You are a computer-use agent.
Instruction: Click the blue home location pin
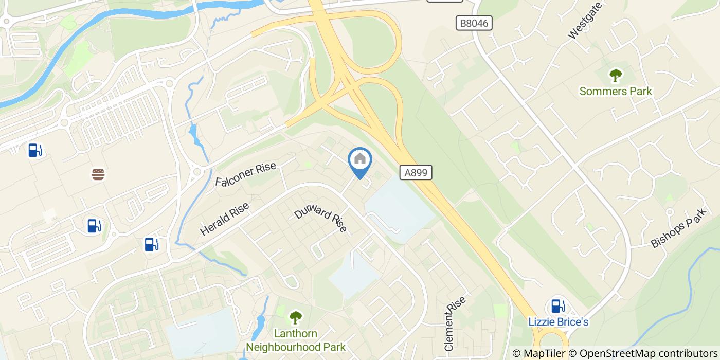tap(360, 160)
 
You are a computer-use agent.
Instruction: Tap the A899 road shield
tap(416, 173)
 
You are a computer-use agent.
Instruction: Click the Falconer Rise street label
tap(246, 174)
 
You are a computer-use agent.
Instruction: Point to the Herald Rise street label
tap(225, 219)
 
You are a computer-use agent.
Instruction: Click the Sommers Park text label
tap(616, 92)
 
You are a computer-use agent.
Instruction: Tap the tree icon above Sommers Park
tap(616, 76)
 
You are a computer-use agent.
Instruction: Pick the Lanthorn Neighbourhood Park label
tap(296, 340)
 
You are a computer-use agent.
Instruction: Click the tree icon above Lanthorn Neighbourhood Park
tap(296, 317)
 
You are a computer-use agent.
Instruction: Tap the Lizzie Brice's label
tap(559, 322)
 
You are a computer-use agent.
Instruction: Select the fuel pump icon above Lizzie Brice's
tap(556, 306)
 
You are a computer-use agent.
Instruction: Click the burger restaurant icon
tap(98, 174)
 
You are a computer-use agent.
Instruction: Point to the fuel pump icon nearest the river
tap(34, 150)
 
